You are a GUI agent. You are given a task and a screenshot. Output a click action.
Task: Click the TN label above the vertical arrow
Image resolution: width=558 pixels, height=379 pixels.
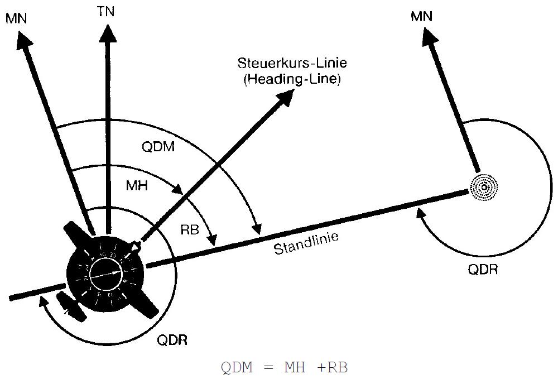pyautogui.click(x=105, y=11)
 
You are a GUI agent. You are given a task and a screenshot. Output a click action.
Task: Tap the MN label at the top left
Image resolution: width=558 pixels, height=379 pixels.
pyautogui.click(x=16, y=18)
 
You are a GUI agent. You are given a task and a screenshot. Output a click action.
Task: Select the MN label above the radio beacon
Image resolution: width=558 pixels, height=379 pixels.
pyautogui.click(x=421, y=17)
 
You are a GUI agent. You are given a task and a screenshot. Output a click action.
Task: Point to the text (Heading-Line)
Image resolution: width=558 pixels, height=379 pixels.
pyautogui.click(x=291, y=79)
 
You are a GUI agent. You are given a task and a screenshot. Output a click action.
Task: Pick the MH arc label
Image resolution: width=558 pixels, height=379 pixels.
pyautogui.click(x=137, y=186)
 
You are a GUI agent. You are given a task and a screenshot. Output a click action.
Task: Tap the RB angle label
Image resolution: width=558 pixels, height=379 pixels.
pyautogui.click(x=190, y=229)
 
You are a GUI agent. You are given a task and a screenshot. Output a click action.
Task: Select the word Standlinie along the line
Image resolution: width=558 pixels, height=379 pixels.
pyautogui.click(x=306, y=244)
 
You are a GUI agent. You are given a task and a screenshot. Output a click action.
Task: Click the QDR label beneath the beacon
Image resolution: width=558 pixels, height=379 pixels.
pyautogui.click(x=483, y=270)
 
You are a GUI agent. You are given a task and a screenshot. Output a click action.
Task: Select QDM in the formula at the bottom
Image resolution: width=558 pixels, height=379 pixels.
pyautogui.click(x=237, y=368)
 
